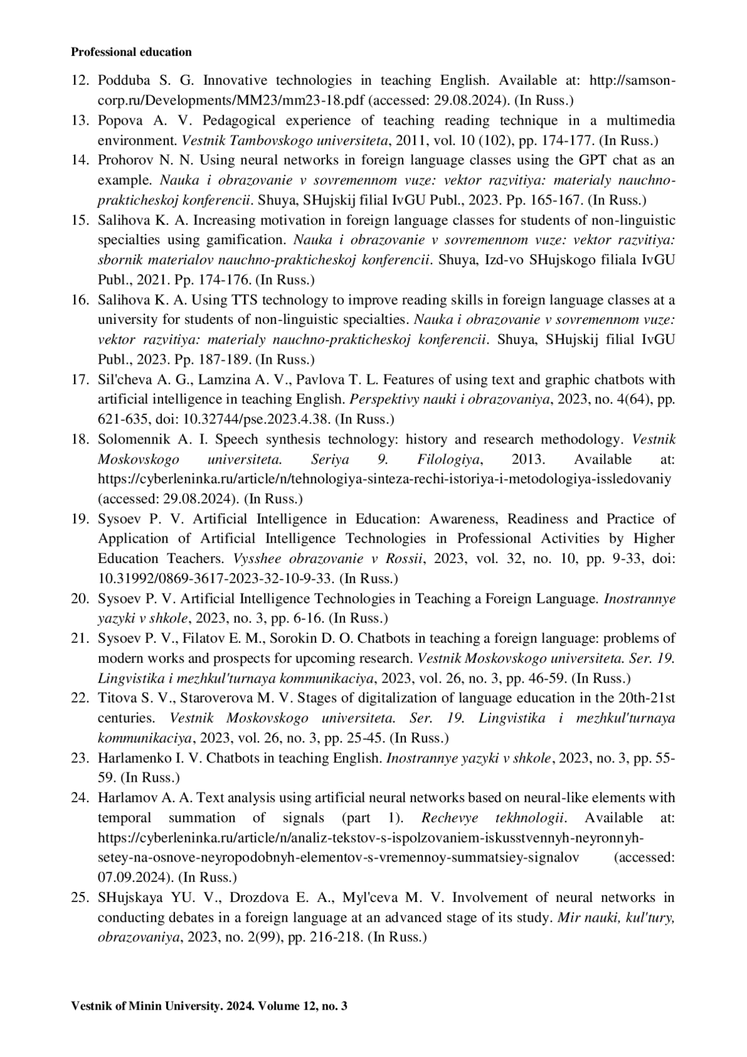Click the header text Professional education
click(x=131, y=52)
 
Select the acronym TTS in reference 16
click(x=218, y=300)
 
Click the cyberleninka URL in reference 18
click(x=384, y=479)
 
